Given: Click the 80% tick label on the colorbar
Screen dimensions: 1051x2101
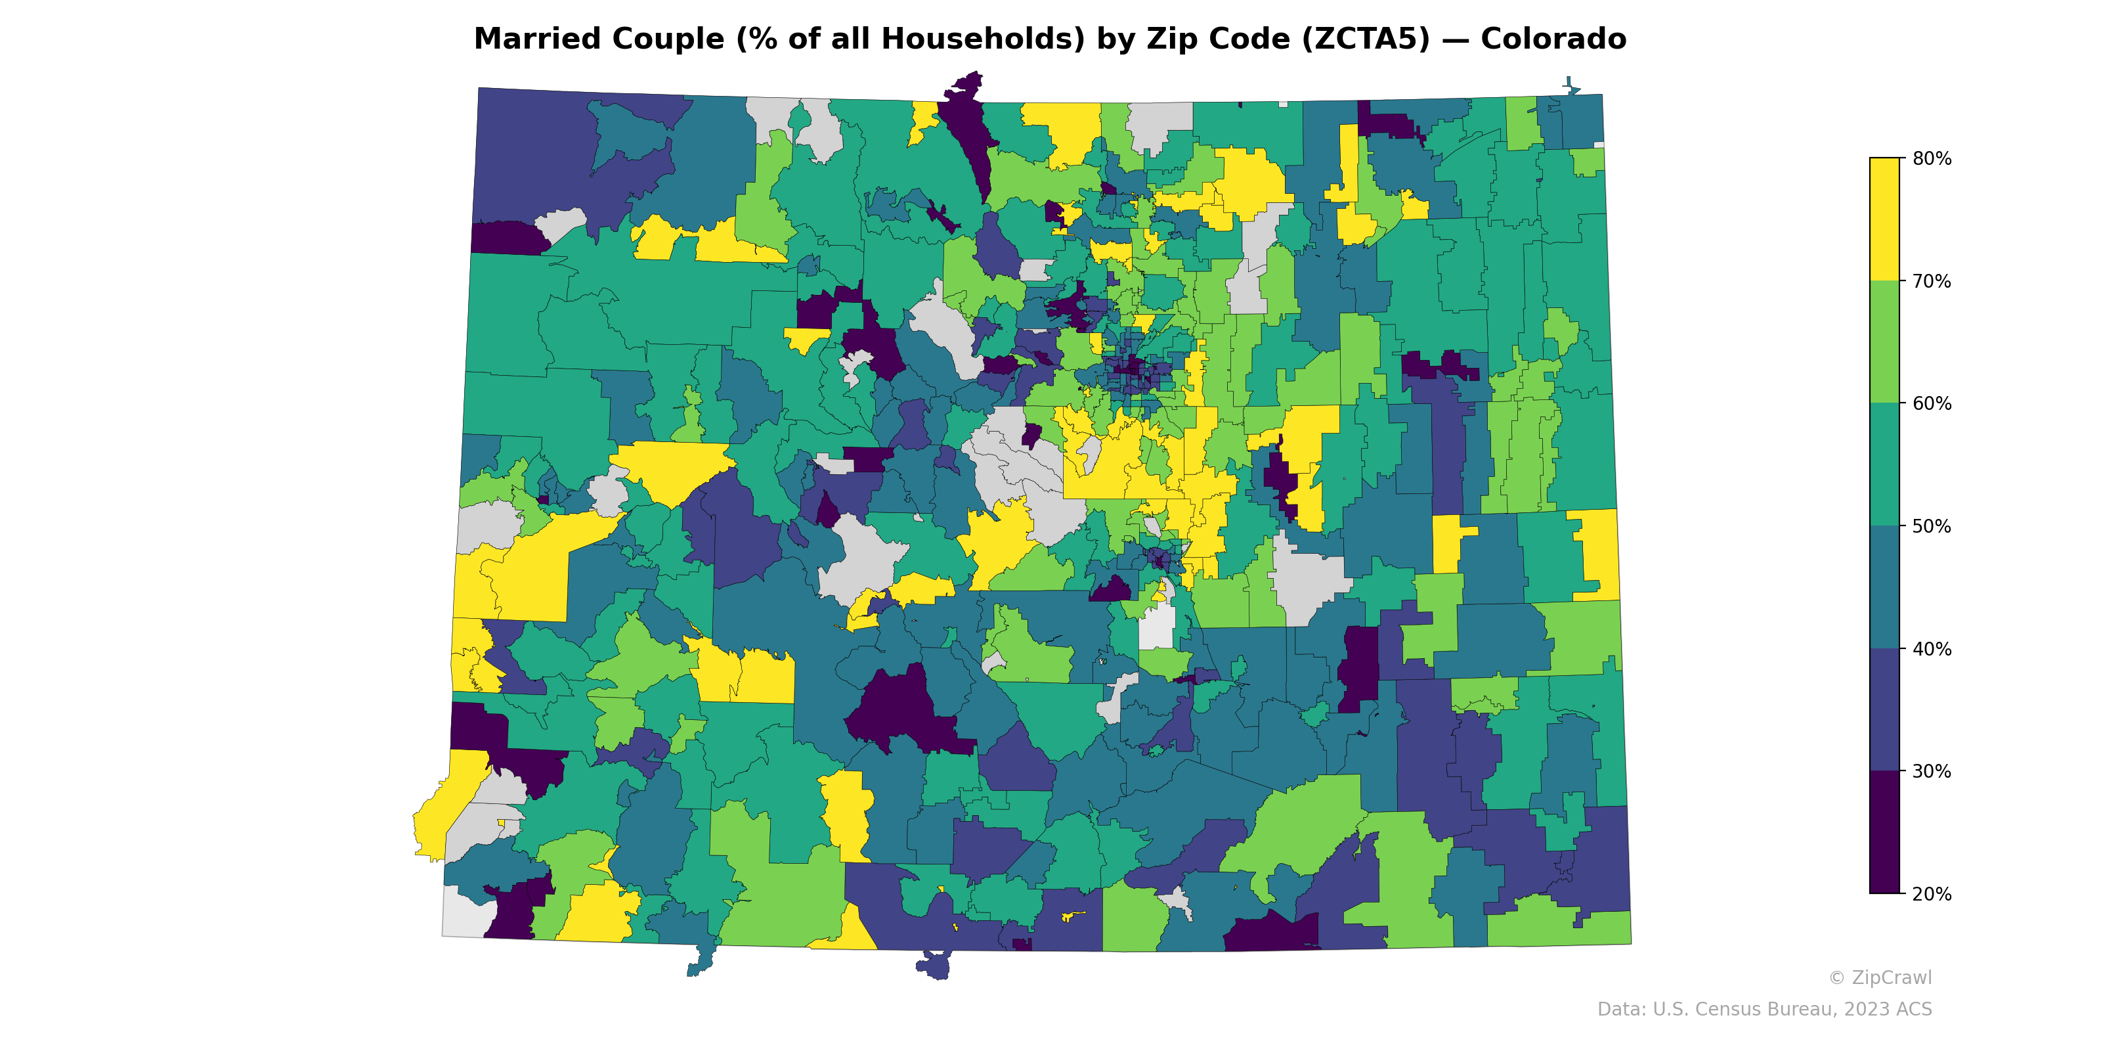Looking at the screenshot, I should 1932,159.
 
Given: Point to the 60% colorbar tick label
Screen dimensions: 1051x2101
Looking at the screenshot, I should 1932,404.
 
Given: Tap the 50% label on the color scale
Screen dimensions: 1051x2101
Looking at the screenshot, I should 1932,526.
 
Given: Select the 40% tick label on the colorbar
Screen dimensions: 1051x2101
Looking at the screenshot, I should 1932,650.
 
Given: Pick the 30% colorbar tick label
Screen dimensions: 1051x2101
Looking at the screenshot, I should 1932,772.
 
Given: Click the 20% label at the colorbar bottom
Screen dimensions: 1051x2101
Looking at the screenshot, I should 1932,894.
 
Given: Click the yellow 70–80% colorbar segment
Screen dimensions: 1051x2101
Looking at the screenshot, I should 1884,219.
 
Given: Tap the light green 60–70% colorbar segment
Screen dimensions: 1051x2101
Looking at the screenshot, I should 1884,342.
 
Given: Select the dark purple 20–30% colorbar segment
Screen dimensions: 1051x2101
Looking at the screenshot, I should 1884,832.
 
